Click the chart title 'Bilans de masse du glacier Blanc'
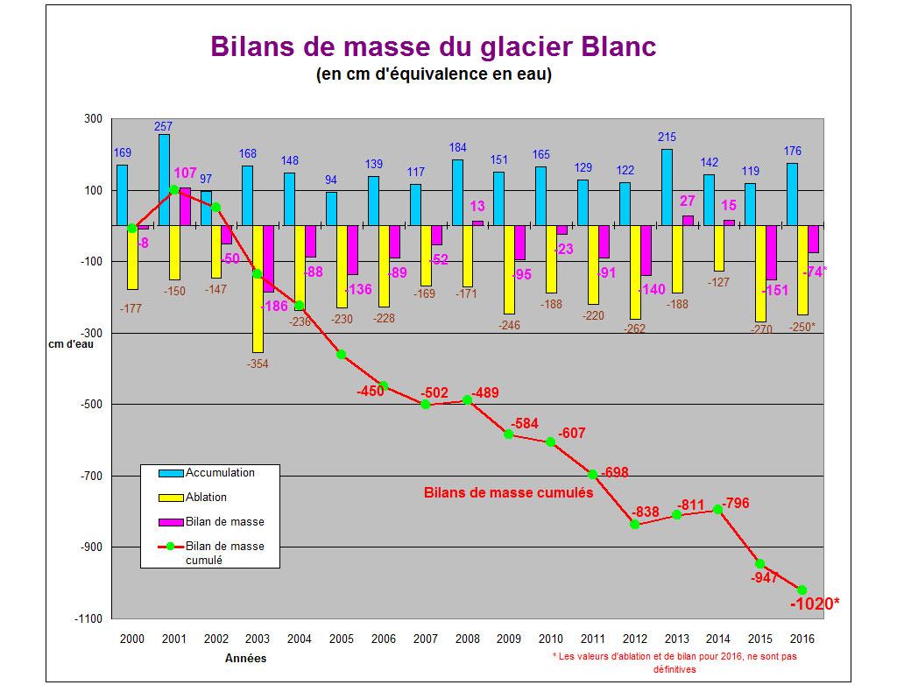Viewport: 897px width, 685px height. [433, 46]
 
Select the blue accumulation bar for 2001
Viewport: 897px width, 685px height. [164, 180]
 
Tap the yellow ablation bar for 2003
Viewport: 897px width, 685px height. [258, 288]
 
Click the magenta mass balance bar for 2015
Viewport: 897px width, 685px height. [772, 252]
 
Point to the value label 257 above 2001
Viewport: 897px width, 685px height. [164, 126]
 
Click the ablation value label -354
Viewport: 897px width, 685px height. [257, 362]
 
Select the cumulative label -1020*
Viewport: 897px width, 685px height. [815, 604]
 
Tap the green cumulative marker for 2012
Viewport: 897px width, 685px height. [635, 524]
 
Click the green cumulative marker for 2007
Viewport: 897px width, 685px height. [426, 404]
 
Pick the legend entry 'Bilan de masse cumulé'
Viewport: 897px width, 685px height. [224, 553]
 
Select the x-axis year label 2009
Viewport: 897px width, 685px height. [509, 639]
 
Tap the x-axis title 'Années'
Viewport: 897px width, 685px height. [246, 658]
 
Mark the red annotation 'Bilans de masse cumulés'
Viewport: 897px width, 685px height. [508, 492]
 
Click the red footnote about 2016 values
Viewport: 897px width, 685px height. [675, 661]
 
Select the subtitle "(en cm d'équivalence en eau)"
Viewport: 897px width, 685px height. [433, 74]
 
